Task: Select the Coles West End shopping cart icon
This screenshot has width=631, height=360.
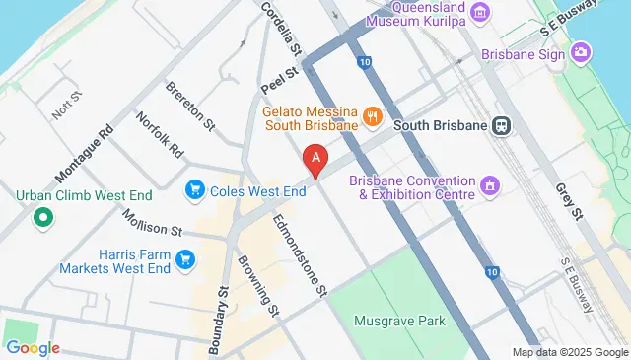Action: click(x=195, y=188)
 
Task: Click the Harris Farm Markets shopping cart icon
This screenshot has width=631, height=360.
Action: click(x=184, y=259)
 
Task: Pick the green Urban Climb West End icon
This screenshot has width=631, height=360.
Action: click(x=42, y=216)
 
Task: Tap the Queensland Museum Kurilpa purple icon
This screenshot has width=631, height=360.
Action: click(x=480, y=12)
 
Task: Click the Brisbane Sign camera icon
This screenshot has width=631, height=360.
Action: click(x=582, y=51)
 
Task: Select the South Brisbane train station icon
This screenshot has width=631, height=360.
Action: click(x=502, y=126)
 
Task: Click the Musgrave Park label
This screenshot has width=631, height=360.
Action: click(x=400, y=321)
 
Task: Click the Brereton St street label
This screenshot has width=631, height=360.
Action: click(x=190, y=106)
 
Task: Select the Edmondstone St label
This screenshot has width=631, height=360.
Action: click(x=299, y=254)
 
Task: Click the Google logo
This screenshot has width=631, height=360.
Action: click(x=32, y=347)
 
